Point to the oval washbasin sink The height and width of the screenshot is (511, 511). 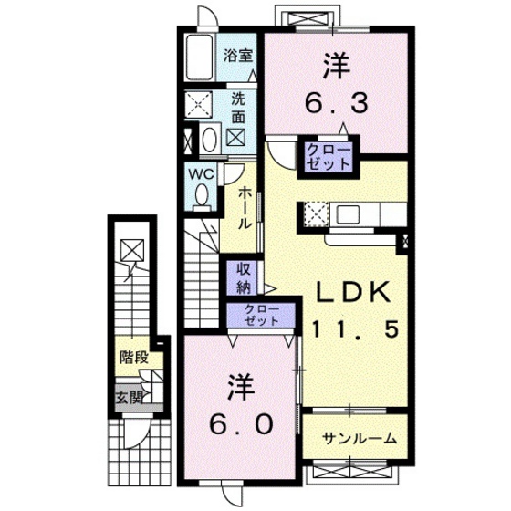click(208, 140)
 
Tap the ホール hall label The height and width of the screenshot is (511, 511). click(245, 208)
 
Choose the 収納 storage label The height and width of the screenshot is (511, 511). click(244, 278)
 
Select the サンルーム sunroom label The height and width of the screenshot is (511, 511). click(360, 439)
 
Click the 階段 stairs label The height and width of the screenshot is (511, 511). click(133, 359)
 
